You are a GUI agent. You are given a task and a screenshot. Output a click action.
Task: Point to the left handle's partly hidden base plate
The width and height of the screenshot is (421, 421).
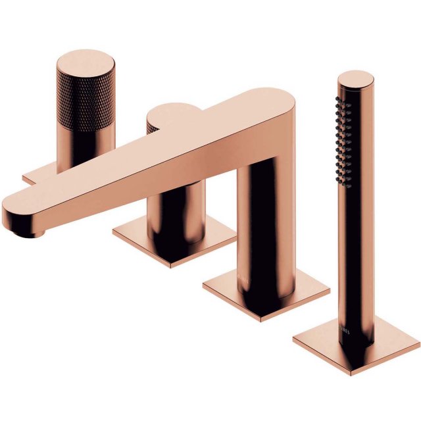[x=33, y=176]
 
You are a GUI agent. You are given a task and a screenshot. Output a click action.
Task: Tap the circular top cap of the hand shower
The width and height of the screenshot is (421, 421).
[x=355, y=81]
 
